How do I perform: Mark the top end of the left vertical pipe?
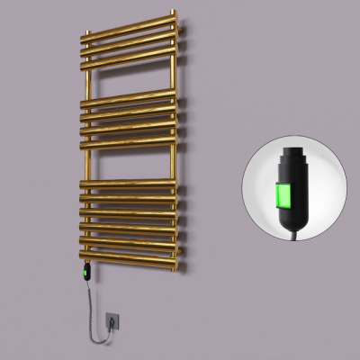point(88,37)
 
